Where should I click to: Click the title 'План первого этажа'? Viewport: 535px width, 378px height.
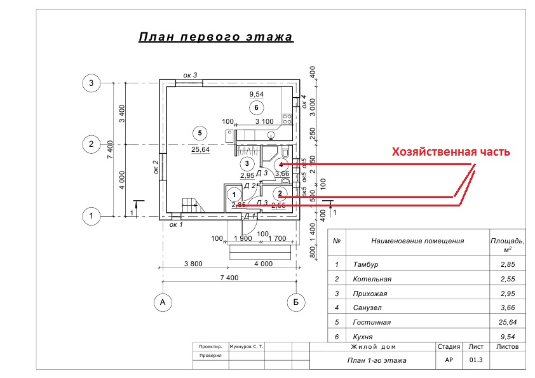(215, 37)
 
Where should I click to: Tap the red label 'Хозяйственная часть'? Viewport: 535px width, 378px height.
(450, 152)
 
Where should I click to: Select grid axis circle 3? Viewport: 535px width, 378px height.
(91, 83)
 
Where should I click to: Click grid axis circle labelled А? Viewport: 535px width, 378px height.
(163, 302)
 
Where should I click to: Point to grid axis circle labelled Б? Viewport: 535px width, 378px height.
(295, 302)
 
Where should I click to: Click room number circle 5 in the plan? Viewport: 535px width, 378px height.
(200, 133)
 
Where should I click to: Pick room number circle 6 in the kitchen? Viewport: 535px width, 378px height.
(255, 107)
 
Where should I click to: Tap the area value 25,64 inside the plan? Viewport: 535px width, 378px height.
(201, 150)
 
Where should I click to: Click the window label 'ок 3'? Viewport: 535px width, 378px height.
(190, 76)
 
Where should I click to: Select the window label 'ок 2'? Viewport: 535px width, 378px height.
(156, 166)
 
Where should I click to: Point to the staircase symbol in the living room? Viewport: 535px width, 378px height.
(191, 205)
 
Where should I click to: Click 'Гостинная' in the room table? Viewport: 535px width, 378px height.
(372, 322)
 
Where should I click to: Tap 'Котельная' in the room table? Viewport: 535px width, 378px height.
(372, 279)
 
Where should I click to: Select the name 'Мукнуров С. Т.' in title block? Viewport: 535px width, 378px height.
(247, 348)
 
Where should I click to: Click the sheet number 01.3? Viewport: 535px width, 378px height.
(476, 360)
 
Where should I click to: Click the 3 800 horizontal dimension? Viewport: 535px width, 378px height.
(197, 263)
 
